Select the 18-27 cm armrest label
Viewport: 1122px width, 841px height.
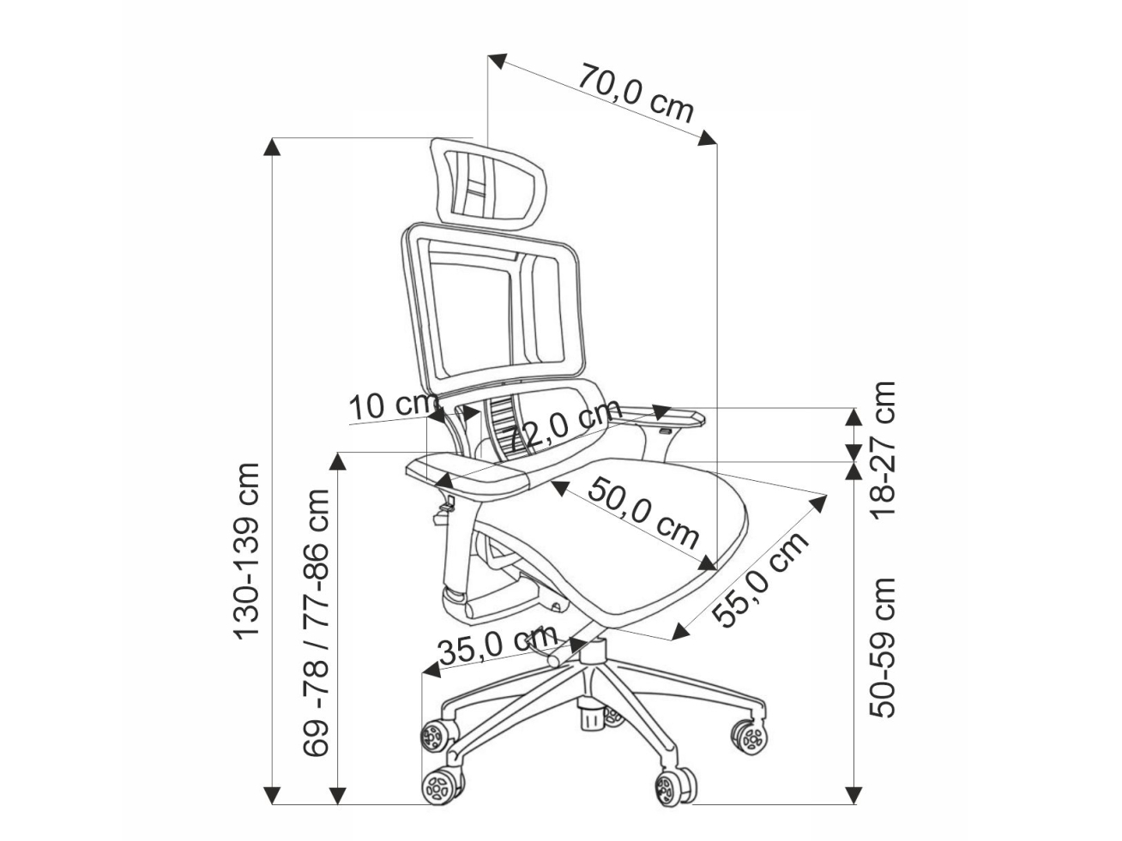[884, 448]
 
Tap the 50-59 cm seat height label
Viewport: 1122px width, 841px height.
[884, 647]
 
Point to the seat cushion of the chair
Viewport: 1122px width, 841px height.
[635, 549]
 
